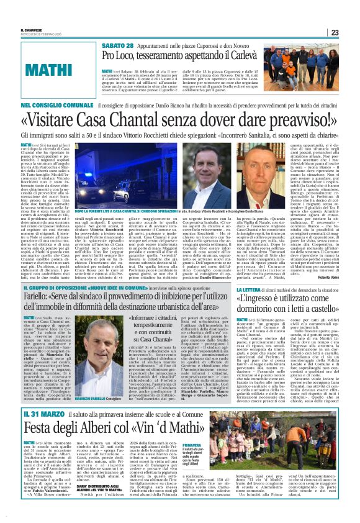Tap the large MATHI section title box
pos(53,66)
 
